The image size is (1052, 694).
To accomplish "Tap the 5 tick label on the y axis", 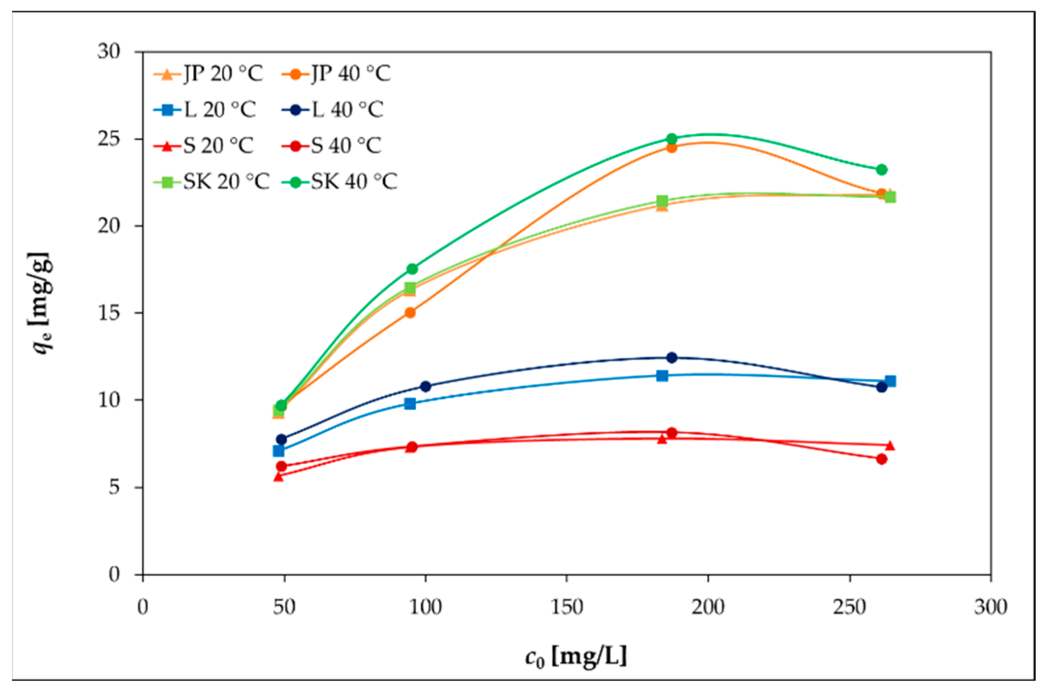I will click(114, 487).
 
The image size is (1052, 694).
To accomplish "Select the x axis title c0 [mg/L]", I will click(576, 656).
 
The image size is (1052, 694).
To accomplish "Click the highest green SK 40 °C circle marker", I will click(672, 139).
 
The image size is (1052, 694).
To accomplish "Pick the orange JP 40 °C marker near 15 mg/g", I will click(410, 313).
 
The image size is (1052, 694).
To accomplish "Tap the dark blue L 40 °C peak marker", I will click(672, 358).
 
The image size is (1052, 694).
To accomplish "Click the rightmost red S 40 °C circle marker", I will click(882, 459).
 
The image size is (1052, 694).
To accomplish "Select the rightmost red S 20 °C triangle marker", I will click(890, 445).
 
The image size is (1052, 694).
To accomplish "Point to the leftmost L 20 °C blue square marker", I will click(279, 451).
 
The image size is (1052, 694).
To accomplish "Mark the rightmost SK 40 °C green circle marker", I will click(882, 170).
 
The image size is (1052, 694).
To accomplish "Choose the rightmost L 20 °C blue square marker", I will click(890, 381).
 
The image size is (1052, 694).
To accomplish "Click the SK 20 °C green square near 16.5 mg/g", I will click(410, 288).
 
